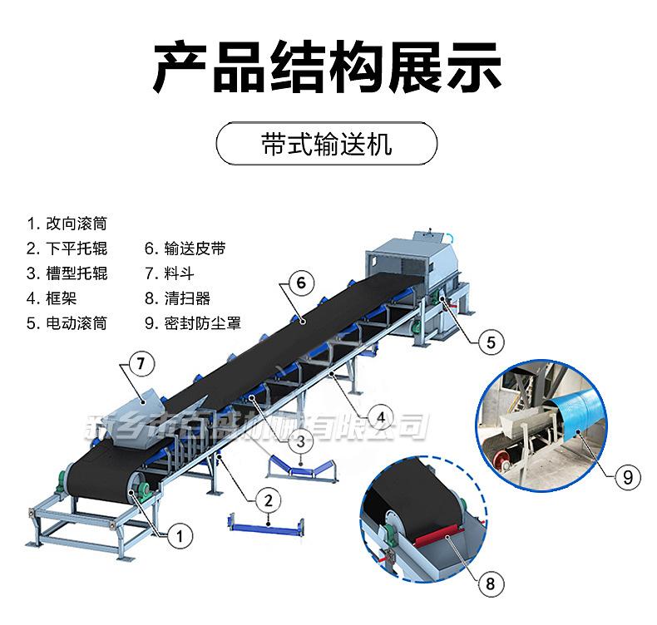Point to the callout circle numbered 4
[x=379, y=416]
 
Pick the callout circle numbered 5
[x=490, y=341]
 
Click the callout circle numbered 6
[x=301, y=283]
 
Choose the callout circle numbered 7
[x=141, y=362]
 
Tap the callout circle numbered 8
[x=491, y=584]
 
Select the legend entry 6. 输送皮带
[x=185, y=249]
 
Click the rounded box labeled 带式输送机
[x=326, y=145]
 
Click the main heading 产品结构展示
[x=328, y=69]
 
